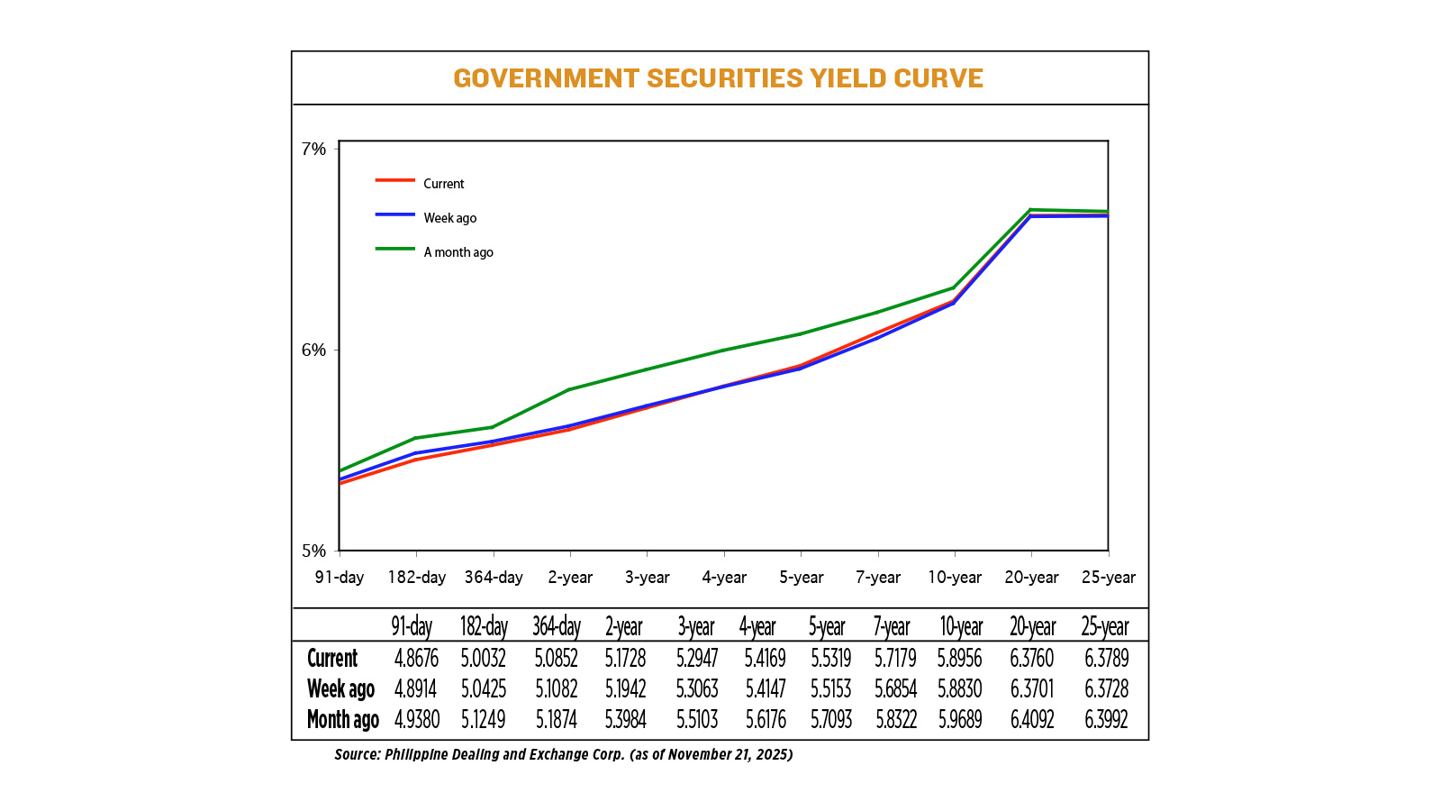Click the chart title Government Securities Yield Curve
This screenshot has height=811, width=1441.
click(x=718, y=78)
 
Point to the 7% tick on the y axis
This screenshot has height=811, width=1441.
click(x=313, y=149)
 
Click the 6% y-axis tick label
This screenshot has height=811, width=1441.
click(x=313, y=350)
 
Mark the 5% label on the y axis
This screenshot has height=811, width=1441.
click(x=313, y=551)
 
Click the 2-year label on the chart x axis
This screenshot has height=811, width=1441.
click(x=570, y=578)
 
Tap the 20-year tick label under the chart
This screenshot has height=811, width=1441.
click(x=1031, y=578)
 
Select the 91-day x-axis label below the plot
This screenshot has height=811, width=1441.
click(x=340, y=578)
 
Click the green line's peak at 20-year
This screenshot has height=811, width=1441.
click(x=1030, y=210)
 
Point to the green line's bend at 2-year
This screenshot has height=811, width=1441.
click(x=569, y=389)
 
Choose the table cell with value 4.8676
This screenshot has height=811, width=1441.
click(x=415, y=659)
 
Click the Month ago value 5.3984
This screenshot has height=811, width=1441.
click(x=625, y=720)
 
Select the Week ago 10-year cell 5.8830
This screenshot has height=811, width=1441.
click(x=959, y=689)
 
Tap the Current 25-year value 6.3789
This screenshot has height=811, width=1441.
click(x=1106, y=659)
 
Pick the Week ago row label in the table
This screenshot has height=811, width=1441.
click(x=340, y=689)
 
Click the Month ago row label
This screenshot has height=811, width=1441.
click(x=342, y=720)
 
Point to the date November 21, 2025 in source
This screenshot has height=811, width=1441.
click(x=729, y=754)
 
